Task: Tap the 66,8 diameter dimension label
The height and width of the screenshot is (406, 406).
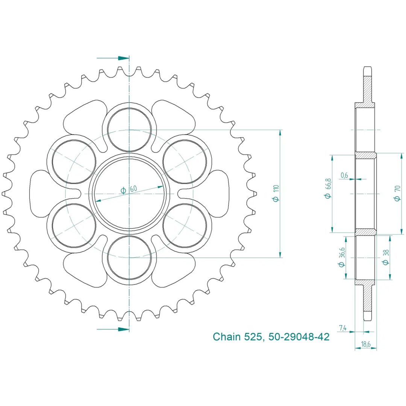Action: coord(328,188)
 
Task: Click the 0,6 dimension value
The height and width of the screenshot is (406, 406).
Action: coord(344,175)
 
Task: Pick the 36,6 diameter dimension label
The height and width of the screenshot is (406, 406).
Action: coord(341,257)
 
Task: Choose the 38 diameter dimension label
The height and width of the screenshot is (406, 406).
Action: coord(386,258)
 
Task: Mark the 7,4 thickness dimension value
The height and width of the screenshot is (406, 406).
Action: coord(342,328)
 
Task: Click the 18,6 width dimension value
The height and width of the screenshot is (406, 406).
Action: coord(366,344)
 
